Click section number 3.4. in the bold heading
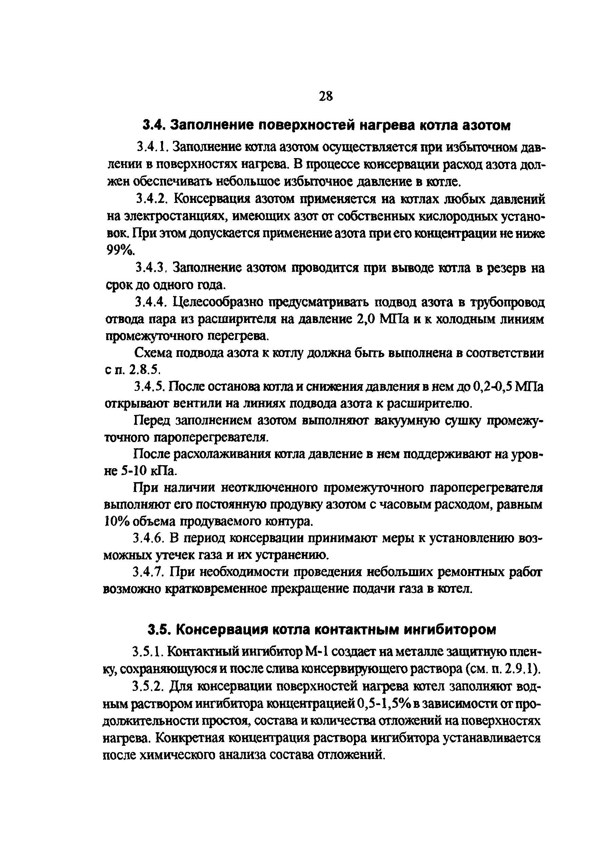(154, 126)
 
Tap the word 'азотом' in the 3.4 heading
(486, 126)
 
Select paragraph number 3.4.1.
(153, 148)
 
